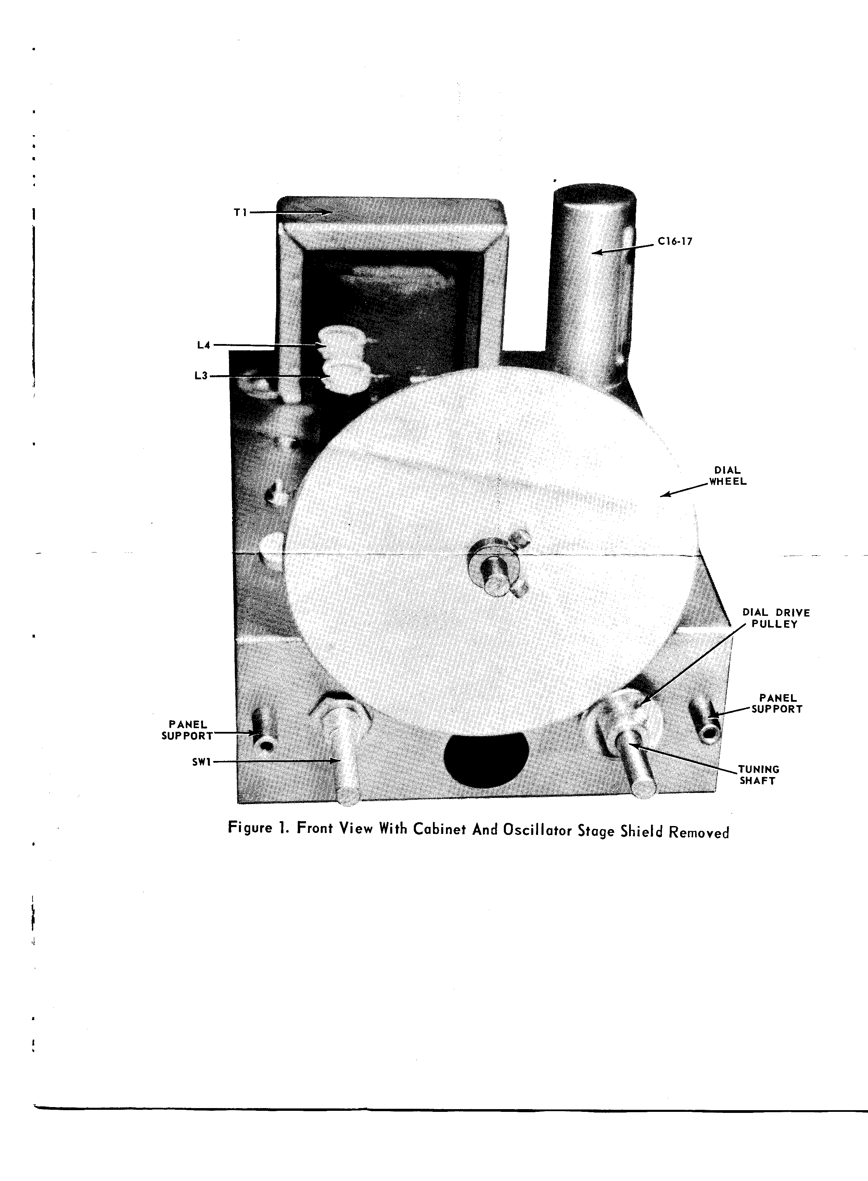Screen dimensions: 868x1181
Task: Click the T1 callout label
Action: tap(240, 212)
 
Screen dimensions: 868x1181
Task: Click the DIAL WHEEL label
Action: tap(728, 476)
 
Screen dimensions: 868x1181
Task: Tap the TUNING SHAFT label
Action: tap(759, 775)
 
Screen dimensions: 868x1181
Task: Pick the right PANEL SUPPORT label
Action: tap(777, 703)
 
